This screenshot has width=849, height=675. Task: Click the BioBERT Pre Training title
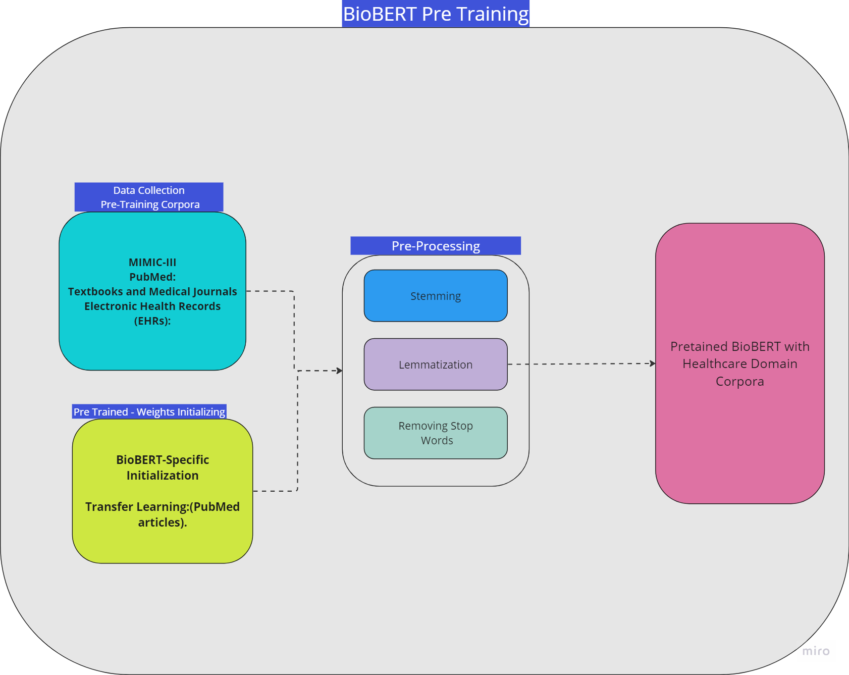pos(436,14)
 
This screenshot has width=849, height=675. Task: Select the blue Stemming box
pos(436,296)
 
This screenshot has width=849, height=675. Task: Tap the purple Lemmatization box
pos(436,365)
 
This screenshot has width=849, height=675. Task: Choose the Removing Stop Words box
pos(436,433)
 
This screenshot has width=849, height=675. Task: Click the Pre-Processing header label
pos(436,246)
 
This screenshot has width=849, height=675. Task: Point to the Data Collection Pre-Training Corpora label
pos(149,197)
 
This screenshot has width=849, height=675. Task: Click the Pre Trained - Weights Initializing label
pos(149,412)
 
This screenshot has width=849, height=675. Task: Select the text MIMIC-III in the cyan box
pos(152,263)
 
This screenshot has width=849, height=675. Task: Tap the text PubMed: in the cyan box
pos(152,277)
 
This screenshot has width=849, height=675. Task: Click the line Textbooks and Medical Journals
pos(152,292)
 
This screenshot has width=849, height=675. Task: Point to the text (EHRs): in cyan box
pos(152,321)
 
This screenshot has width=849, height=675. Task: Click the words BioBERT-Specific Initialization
pos(163,468)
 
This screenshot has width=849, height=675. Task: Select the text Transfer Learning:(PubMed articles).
pos(163,514)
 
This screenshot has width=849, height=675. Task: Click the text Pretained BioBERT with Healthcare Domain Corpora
pos(739,364)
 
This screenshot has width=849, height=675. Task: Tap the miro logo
pos(816,651)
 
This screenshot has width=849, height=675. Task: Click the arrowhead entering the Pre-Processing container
pos(340,371)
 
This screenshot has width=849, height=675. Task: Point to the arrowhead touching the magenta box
pos(653,364)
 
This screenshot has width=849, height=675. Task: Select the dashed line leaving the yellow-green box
pos(275,491)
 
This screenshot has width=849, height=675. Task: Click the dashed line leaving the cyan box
pos(270,291)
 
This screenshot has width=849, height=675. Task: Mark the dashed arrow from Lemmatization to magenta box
pos(580,364)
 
